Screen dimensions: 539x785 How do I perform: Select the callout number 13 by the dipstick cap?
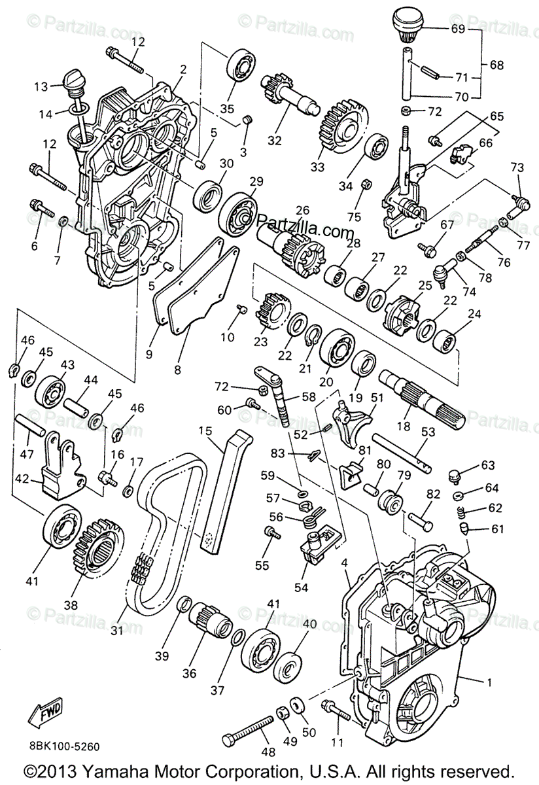coord(41,86)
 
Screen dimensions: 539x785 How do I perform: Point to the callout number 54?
coord(301,587)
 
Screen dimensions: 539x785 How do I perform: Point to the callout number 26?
coord(302,211)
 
